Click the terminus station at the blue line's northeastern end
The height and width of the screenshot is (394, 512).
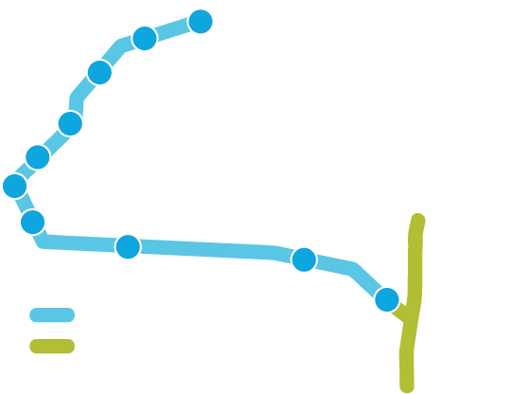pyautogui.click(x=201, y=22)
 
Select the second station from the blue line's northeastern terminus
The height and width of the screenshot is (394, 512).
pyautogui.click(x=145, y=39)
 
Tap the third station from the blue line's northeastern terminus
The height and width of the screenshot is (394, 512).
pyautogui.click(x=99, y=73)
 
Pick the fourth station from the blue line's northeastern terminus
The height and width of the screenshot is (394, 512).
pyautogui.click(x=70, y=124)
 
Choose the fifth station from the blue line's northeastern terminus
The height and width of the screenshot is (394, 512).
pyautogui.click(x=38, y=157)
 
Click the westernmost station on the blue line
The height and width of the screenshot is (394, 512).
pyautogui.click(x=15, y=186)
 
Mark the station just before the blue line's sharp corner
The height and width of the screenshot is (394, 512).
pyautogui.click(x=33, y=223)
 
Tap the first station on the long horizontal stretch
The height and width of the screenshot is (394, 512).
pyautogui.click(x=128, y=246)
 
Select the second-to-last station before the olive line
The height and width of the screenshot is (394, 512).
pyautogui.click(x=304, y=260)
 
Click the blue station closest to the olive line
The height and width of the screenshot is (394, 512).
pyautogui.click(x=387, y=300)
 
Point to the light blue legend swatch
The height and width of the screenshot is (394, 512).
pyautogui.click(x=52, y=315)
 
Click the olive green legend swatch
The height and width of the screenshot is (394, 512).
pyautogui.click(x=52, y=347)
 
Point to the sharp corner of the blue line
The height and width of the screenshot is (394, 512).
pyautogui.click(x=43, y=242)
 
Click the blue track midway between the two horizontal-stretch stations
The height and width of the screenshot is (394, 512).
pyautogui.click(x=216, y=250)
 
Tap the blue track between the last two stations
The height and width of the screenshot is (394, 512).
pyautogui.click(x=352, y=271)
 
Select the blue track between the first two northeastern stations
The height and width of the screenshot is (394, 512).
pyautogui.click(x=173, y=30)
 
